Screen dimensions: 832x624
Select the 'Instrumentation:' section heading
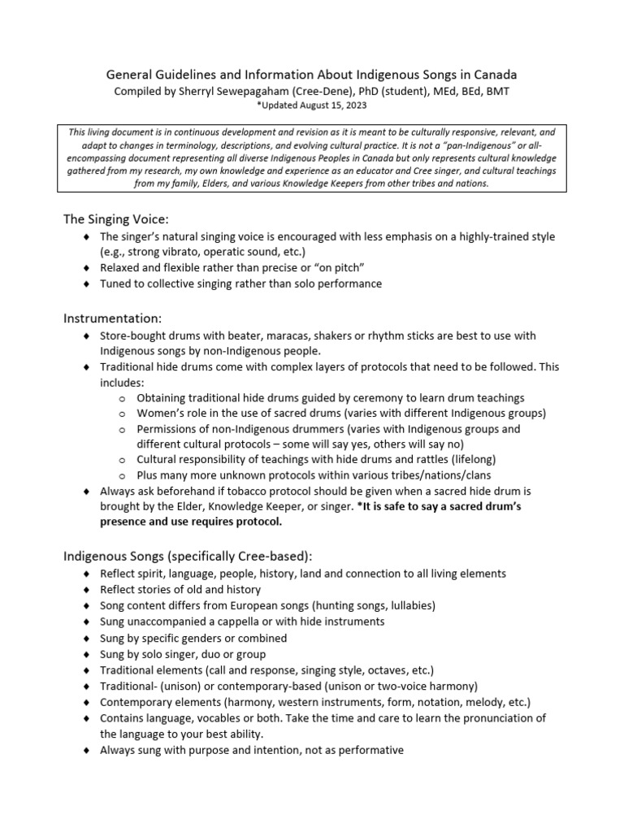click(x=115, y=317)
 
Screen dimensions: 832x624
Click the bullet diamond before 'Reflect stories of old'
click(x=87, y=590)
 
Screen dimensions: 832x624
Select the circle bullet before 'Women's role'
click(x=121, y=414)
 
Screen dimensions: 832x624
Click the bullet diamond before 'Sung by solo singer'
click(x=87, y=654)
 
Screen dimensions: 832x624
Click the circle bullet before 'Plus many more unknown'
click(x=121, y=475)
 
